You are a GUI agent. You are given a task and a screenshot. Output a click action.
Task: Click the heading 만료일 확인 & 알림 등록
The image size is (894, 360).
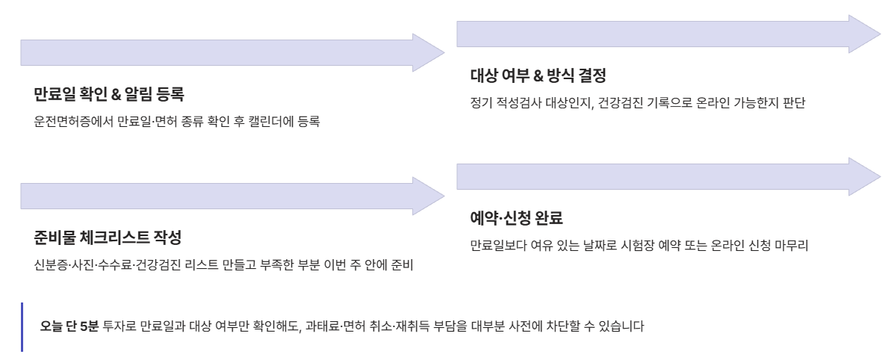tap(108, 94)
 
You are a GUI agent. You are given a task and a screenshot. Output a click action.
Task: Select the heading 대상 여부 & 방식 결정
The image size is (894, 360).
tap(538, 75)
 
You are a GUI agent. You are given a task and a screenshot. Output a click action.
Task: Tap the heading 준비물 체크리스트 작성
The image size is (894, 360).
tap(108, 238)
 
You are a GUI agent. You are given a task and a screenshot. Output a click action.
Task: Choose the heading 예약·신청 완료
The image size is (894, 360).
tap(516, 218)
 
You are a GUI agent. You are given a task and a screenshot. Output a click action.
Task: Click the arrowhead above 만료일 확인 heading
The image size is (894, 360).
tap(428, 53)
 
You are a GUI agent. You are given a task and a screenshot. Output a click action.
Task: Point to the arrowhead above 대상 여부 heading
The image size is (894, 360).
tap(864, 34)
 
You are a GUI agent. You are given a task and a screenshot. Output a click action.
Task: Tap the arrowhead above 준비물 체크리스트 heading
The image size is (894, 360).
tap(428, 196)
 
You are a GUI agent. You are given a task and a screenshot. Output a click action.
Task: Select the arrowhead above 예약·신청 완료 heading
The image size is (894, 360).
tap(864, 177)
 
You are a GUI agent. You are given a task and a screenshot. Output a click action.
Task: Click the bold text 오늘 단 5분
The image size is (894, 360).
tap(69, 326)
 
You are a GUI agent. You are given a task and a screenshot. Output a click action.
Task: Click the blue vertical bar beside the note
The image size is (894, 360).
tap(22, 326)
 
